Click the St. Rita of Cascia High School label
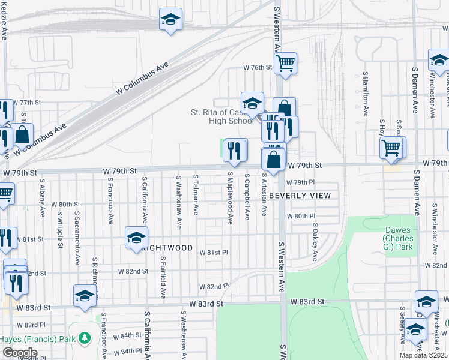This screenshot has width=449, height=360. [222, 116]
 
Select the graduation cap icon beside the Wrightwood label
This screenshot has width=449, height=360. [136, 238]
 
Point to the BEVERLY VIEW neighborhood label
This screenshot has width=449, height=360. [300, 196]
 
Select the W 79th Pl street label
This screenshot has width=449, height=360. [300, 182]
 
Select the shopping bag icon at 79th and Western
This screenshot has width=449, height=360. [273, 160]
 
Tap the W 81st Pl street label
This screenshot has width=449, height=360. [214, 253]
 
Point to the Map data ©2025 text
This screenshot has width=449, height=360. [423, 355]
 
